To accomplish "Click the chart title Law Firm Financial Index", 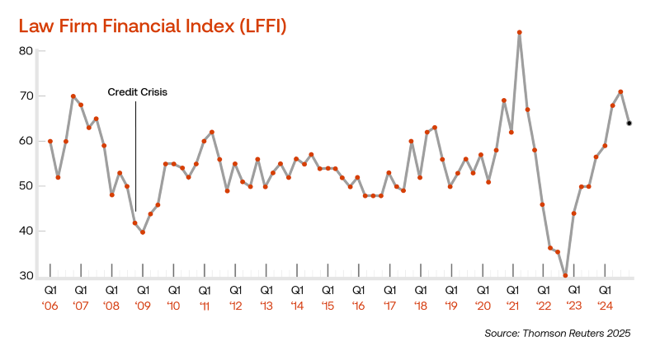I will click(153, 26).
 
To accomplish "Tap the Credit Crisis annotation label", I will click(138, 92).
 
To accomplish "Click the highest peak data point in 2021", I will click(520, 33).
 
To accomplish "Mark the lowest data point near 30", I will click(565, 276).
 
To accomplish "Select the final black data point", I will click(629, 124).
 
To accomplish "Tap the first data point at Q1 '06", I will click(50, 141).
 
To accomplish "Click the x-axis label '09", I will click(143, 306).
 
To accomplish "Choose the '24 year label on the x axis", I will click(605, 306).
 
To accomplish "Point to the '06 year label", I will click(50, 306).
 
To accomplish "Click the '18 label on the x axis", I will click(420, 306).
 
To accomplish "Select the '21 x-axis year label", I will click(512, 306).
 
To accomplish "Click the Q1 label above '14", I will click(297, 290).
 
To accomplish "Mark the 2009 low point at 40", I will click(143, 232).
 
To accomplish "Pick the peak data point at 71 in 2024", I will click(620, 91).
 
